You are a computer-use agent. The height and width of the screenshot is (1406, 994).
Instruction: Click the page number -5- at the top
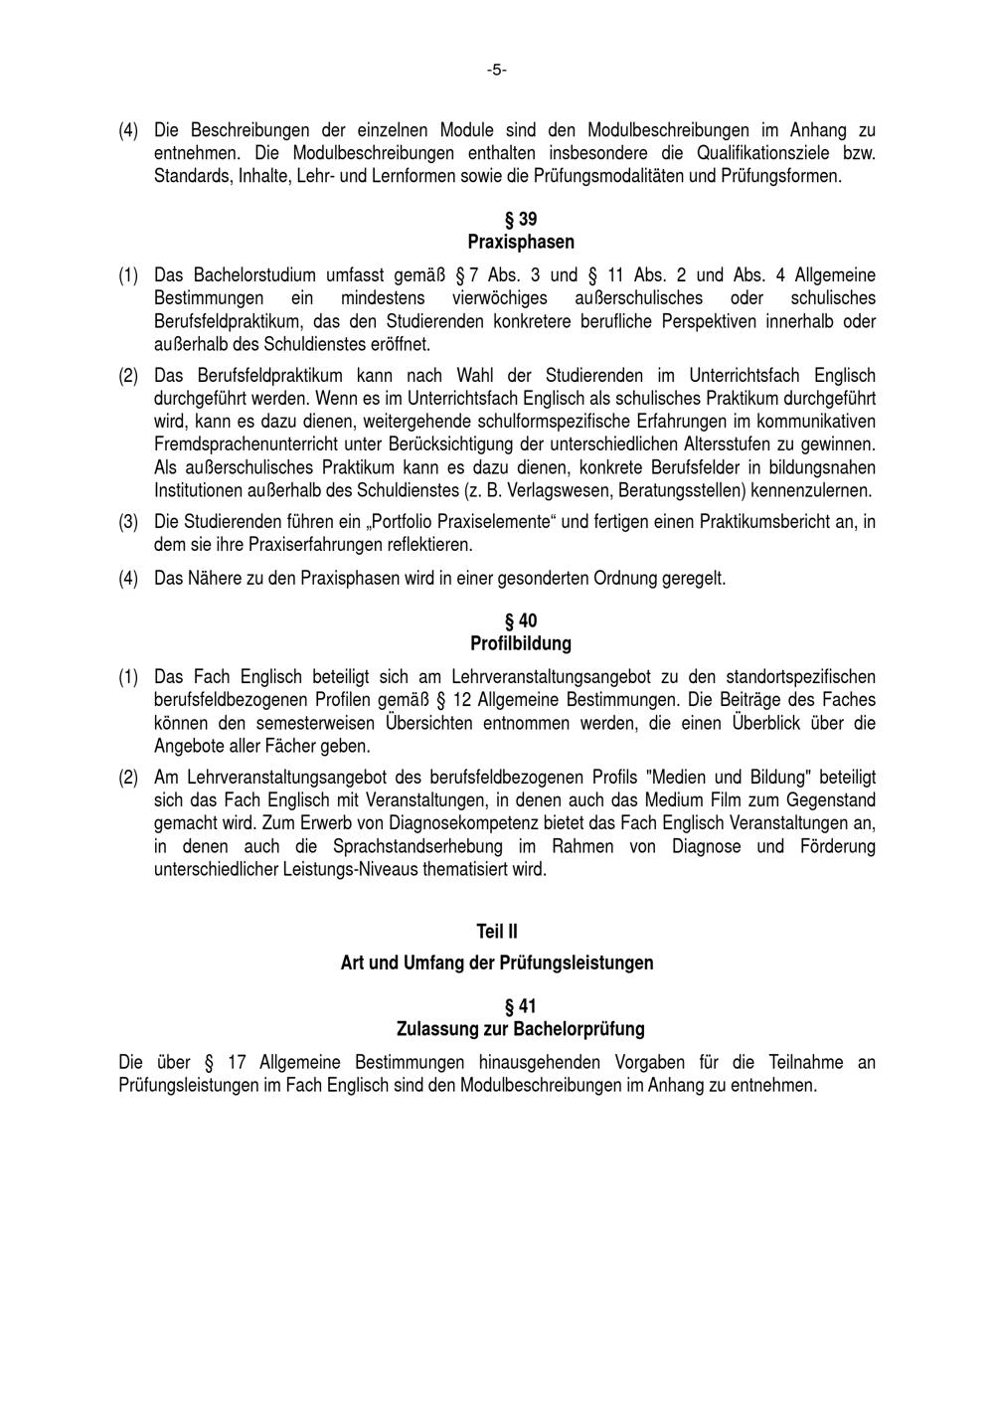click(x=497, y=70)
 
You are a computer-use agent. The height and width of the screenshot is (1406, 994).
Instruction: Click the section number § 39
click(x=521, y=219)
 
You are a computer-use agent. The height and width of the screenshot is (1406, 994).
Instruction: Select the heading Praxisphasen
click(x=521, y=242)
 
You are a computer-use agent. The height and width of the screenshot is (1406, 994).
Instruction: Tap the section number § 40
click(x=521, y=621)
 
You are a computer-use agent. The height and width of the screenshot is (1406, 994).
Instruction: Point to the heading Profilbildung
click(x=521, y=644)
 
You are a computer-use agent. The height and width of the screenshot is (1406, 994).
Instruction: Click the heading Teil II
click(x=497, y=932)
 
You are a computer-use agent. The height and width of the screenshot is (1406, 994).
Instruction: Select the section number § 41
click(x=521, y=1006)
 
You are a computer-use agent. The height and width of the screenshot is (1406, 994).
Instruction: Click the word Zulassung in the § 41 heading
click(x=432, y=1029)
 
